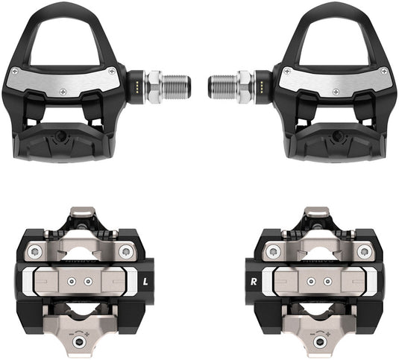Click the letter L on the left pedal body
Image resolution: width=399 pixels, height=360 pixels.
point(146,282)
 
